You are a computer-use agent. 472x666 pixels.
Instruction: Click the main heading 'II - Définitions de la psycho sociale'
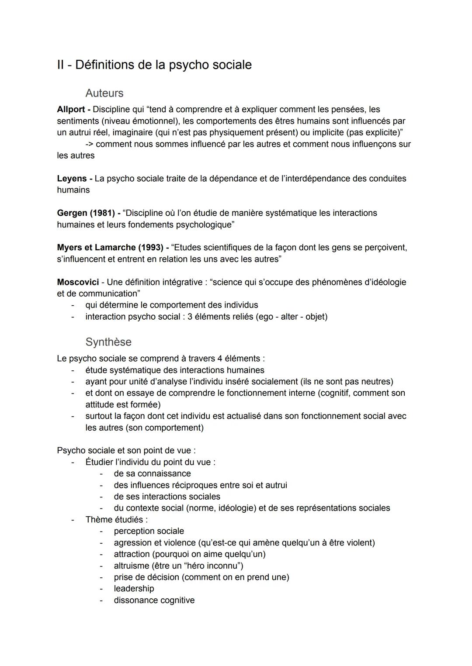click(x=154, y=65)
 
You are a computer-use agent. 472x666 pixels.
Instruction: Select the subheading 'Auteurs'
click(x=104, y=93)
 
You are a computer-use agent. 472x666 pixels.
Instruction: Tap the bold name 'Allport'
click(x=71, y=109)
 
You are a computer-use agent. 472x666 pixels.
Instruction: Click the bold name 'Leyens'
click(x=72, y=179)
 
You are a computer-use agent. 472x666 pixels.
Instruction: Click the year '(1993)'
click(x=150, y=248)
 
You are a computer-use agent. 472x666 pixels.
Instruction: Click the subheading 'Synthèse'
click(x=108, y=342)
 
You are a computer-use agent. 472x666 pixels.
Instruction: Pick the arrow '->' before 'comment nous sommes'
click(x=89, y=144)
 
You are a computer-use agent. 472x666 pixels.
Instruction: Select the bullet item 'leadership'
click(x=134, y=589)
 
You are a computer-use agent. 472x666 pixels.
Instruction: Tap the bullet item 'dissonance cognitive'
click(x=154, y=600)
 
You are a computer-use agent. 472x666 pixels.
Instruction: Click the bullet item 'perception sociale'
click(x=149, y=531)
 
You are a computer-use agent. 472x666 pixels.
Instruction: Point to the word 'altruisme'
click(x=132, y=566)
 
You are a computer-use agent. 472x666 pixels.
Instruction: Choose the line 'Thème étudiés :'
click(x=116, y=520)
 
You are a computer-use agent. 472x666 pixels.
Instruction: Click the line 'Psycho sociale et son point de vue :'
click(x=126, y=451)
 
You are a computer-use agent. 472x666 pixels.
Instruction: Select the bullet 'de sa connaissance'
click(x=152, y=474)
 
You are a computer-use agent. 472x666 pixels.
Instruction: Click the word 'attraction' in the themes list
click(x=132, y=554)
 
